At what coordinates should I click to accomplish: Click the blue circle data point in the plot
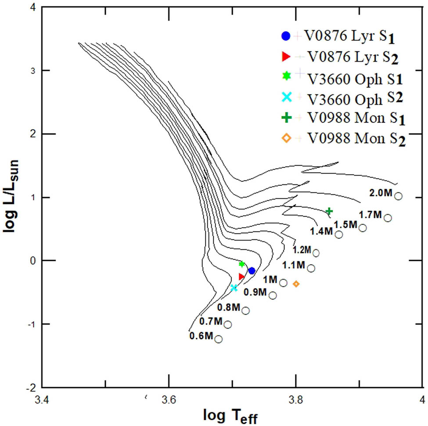(252, 271)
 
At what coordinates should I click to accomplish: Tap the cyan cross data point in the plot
(234, 288)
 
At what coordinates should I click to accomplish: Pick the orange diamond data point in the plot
(296, 284)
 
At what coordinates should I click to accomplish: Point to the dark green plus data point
(329, 212)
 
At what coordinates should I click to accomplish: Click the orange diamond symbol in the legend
(286, 138)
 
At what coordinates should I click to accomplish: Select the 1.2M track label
(302, 250)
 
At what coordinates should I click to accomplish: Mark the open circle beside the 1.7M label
(388, 218)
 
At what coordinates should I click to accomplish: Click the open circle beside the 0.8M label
(245, 310)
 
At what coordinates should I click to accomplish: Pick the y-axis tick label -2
(31, 388)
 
